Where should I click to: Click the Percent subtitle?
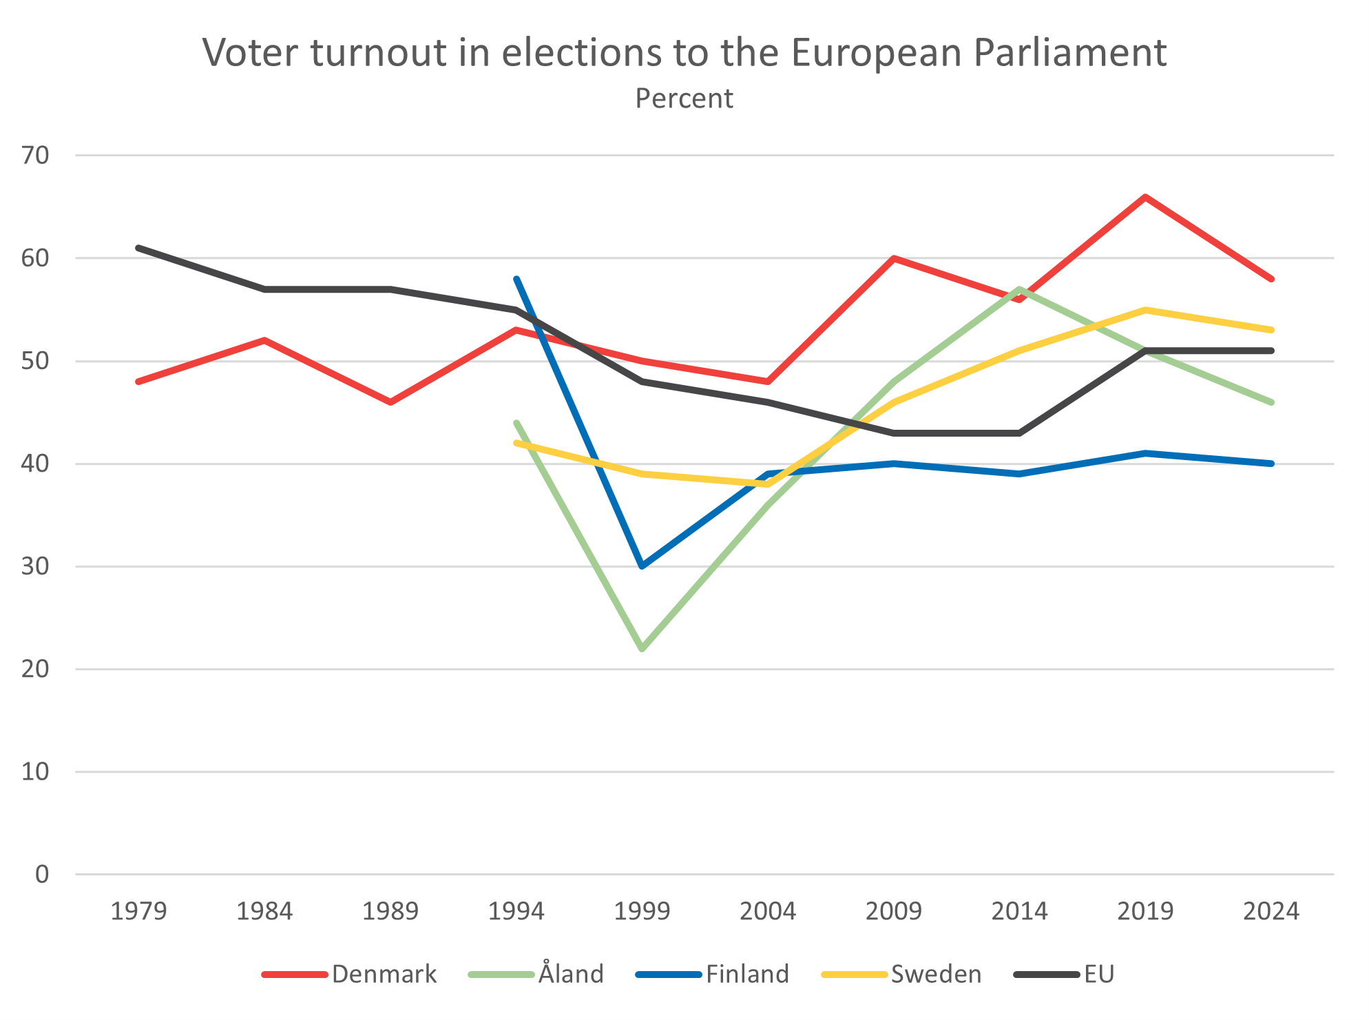pos(684,99)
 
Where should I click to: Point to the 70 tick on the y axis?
pos(35,156)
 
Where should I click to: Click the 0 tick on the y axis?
pos(42,875)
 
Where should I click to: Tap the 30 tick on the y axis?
pos(35,567)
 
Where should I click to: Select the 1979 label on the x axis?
pos(138,912)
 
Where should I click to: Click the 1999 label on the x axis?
pos(642,912)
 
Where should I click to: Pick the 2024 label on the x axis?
pos(1271,912)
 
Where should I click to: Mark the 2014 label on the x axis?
pos(1019,912)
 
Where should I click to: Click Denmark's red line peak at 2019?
pos(1145,197)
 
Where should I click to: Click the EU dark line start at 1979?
pos(138,248)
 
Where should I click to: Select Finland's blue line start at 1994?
pos(516,279)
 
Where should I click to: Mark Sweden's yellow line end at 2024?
pos(1271,330)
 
